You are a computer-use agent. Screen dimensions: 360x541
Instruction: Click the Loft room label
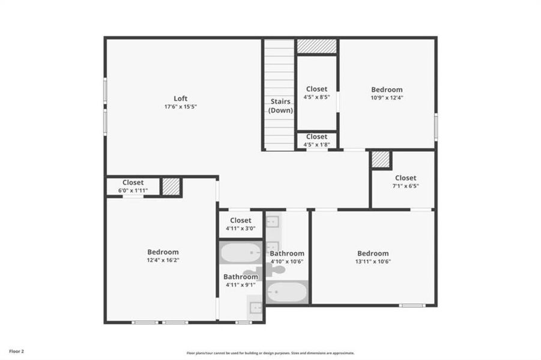coord(181,98)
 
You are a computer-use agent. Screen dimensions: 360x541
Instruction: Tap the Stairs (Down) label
coord(280,106)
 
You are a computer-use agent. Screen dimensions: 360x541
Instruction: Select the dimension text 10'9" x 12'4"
coord(387,97)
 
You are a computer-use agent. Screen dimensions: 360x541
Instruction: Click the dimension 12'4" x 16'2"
coord(163,260)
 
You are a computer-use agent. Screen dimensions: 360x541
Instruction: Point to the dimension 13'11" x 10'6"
coord(373,262)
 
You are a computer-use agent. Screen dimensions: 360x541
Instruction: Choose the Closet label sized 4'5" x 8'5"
coord(316,89)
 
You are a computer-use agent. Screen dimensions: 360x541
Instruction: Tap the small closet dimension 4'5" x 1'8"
coord(316,144)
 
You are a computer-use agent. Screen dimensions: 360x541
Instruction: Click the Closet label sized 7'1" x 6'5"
coord(405,178)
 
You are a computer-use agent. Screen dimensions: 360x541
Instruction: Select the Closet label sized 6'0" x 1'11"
coord(133,183)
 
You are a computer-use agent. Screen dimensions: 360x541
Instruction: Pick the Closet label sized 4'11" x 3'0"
coord(240,220)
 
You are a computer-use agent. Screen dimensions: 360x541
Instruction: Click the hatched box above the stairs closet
coord(316,46)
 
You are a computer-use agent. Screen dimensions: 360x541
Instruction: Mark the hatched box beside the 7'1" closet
coord(381,160)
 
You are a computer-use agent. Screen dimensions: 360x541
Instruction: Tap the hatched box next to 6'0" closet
coord(171,187)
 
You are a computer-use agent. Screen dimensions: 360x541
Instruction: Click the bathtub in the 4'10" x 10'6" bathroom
coord(286,292)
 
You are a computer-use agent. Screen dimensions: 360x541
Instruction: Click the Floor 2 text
coord(16,351)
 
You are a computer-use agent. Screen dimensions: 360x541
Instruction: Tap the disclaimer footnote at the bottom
coord(270,353)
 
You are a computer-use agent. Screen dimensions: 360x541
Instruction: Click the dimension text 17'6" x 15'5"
coord(181,107)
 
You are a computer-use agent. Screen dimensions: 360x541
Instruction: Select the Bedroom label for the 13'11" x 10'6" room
coord(373,253)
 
